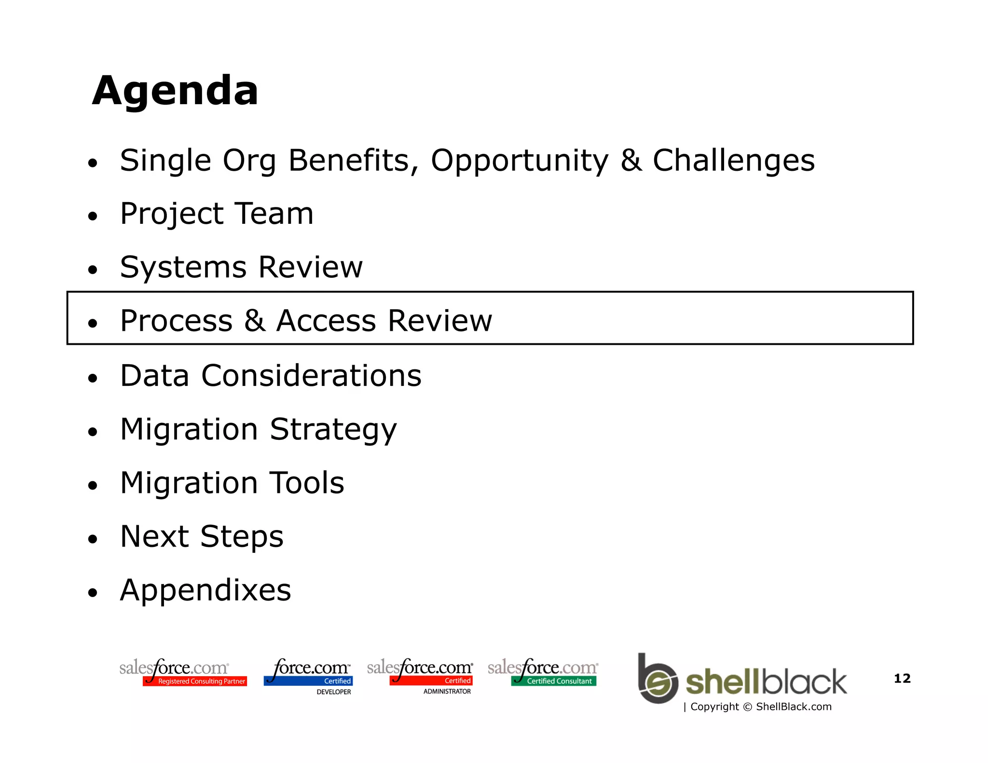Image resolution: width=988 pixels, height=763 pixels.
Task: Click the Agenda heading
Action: [x=175, y=91]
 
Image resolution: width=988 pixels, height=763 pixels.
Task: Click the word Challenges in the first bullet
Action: [x=733, y=160]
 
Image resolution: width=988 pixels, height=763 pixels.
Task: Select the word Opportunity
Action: [x=520, y=161]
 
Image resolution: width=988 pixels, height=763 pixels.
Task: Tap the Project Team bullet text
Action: [x=217, y=214]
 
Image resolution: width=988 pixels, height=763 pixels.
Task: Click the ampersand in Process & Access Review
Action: [x=254, y=321]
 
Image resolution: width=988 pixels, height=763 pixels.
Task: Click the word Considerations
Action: [x=311, y=375]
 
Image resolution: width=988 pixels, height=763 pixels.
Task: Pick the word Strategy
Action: [x=333, y=430]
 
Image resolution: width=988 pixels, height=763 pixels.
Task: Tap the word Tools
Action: [x=306, y=483]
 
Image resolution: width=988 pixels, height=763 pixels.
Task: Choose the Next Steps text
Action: [x=202, y=536]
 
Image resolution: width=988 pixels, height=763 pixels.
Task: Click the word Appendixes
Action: [x=206, y=590]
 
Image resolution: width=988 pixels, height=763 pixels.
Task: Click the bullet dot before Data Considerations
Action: [x=93, y=379]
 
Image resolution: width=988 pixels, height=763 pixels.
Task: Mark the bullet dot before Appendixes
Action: [x=93, y=593]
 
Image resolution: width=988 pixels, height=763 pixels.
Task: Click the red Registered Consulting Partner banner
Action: [x=195, y=681]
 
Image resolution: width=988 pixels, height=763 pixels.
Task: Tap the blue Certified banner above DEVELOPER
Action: [x=309, y=681]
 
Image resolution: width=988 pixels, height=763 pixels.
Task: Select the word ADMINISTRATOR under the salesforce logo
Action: [x=447, y=691]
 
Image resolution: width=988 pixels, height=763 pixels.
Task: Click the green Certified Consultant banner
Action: [x=554, y=681]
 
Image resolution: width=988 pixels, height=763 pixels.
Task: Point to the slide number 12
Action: [x=902, y=678]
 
